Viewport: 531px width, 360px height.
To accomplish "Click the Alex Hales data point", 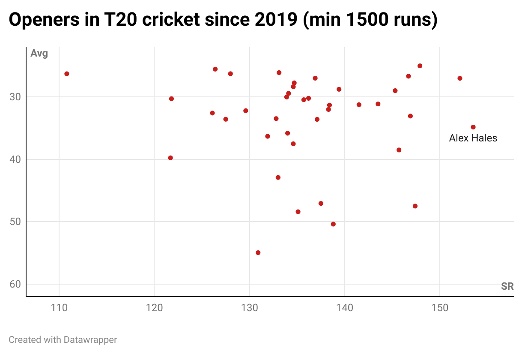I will pyautogui.click(x=473, y=127).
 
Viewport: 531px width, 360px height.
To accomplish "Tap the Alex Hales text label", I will pyautogui.click(x=473, y=138).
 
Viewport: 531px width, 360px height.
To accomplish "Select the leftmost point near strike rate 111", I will pyautogui.click(x=67, y=74).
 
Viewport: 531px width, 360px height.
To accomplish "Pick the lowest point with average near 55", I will pyautogui.click(x=258, y=253).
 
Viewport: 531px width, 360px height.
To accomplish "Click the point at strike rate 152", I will pyautogui.click(x=460, y=78).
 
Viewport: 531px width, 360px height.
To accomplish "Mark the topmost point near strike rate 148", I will pyautogui.click(x=420, y=66).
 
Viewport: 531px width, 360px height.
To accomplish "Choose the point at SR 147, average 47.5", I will pyautogui.click(x=415, y=206).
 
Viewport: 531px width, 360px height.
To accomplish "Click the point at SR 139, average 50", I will pyautogui.click(x=333, y=224).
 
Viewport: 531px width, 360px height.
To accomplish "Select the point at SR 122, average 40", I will pyautogui.click(x=170, y=158).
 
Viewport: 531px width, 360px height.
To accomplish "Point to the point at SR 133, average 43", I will pyautogui.click(x=278, y=177).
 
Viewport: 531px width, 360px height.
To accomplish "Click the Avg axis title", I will pyautogui.click(x=39, y=54).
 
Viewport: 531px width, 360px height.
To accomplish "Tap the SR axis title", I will pyautogui.click(x=507, y=286).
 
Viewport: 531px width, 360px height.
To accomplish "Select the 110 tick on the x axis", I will pyautogui.click(x=59, y=308).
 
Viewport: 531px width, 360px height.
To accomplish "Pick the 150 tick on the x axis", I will pyautogui.click(x=439, y=308).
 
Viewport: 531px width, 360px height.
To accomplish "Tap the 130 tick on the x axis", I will pyautogui.click(x=249, y=308).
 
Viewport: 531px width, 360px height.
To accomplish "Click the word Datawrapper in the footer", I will pyautogui.click(x=90, y=340).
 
